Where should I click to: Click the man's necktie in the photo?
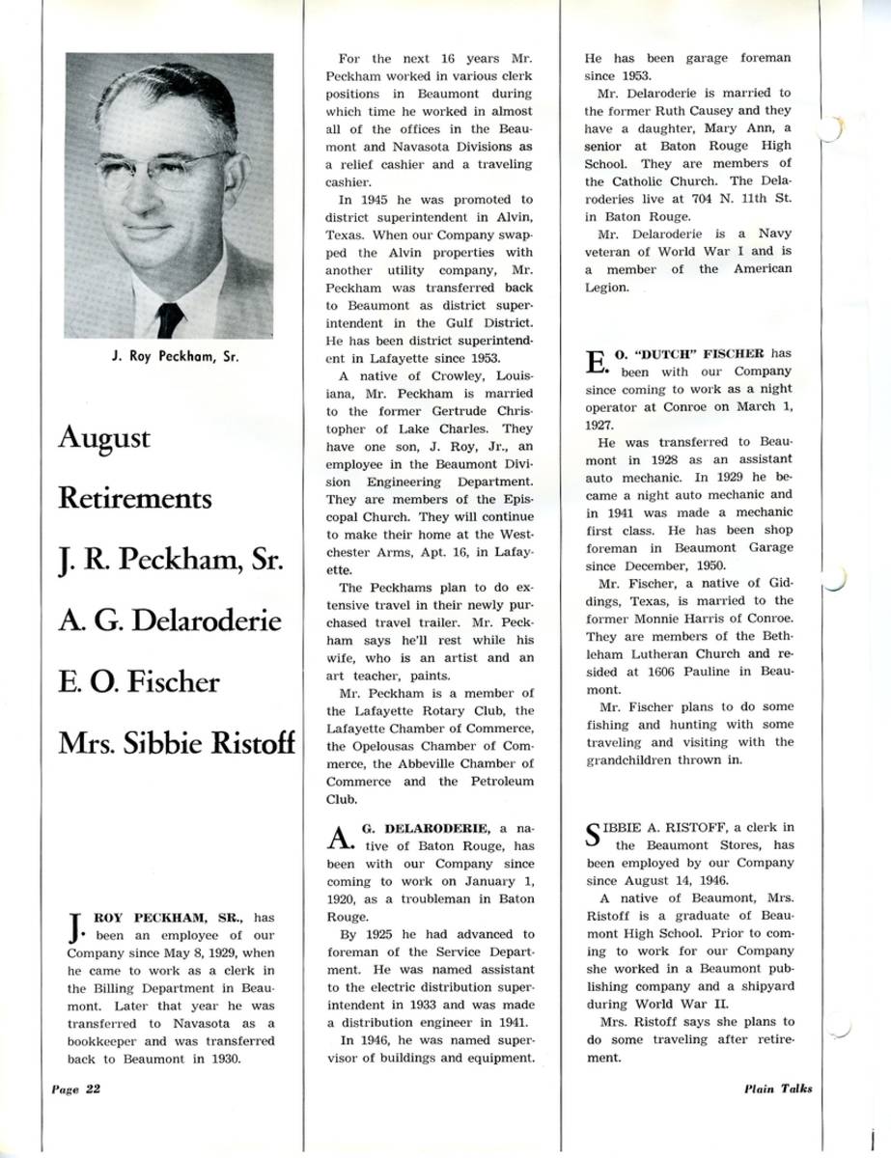[x=170, y=318]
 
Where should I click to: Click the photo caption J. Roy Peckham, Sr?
[x=170, y=356]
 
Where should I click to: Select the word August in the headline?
[x=104, y=439]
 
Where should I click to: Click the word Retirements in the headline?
[x=134, y=499]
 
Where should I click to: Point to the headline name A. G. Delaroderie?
[x=170, y=620]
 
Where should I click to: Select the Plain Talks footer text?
[x=778, y=1089]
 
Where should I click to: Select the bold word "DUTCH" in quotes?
[x=672, y=353]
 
